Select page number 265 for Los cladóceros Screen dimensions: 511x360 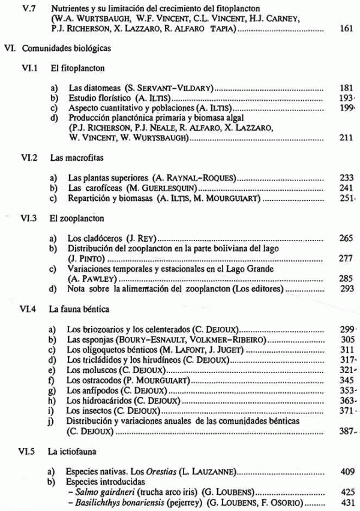point(338,239)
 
